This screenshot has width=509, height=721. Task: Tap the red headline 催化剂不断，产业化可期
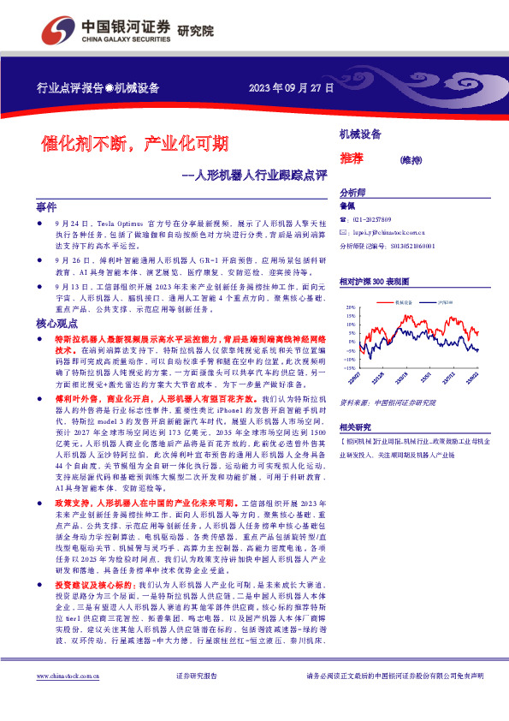pos(136,142)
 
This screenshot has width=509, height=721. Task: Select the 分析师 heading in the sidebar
pos(352,193)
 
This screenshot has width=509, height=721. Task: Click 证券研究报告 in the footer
pos(197,700)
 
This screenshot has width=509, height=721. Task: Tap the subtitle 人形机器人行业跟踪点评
pos(262,177)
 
